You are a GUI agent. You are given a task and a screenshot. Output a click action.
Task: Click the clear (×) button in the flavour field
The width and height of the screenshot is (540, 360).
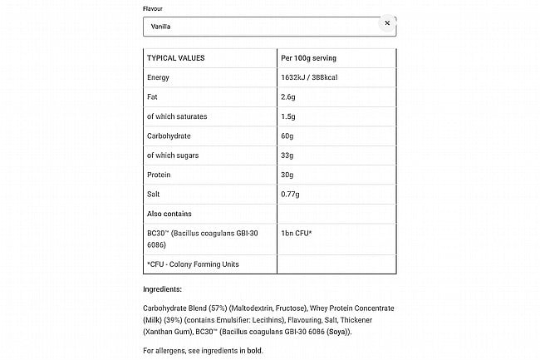pos(386,23)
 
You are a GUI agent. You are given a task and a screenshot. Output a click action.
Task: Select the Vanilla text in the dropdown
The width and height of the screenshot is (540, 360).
pos(160,27)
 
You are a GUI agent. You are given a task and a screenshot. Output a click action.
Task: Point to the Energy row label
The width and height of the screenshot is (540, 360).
pos(158,77)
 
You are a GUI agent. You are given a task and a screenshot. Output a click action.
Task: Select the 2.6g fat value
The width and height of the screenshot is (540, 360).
pos(290,97)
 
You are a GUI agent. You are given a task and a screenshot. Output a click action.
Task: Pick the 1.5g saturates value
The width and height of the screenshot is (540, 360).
pos(290,116)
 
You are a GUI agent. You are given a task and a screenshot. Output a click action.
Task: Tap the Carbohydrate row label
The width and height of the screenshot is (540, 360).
pos(171,136)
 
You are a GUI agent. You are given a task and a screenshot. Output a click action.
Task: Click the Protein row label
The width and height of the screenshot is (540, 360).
pos(159,175)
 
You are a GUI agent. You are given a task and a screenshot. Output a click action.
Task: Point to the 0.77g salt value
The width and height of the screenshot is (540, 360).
pos(292,194)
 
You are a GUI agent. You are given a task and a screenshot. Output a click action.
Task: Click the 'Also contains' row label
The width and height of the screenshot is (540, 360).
pos(169,213)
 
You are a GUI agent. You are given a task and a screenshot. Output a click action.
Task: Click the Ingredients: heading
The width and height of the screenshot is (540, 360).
pos(162,289)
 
